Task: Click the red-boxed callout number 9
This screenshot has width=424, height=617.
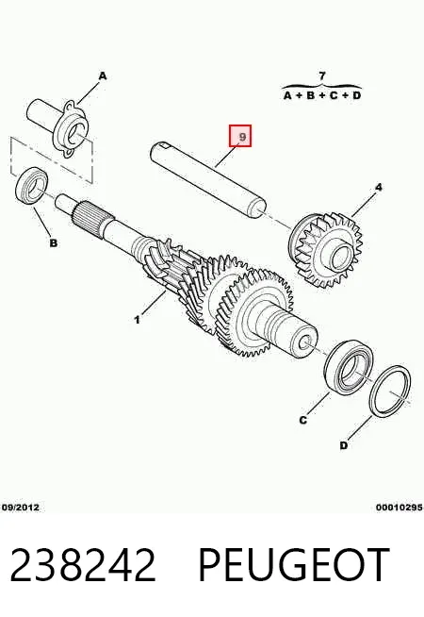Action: [x=240, y=136]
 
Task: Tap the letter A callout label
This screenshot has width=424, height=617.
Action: [x=102, y=75]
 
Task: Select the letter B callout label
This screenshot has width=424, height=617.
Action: [x=54, y=243]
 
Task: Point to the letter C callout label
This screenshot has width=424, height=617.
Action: [x=302, y=420]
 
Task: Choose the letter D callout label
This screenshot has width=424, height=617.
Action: [x=344, y=445]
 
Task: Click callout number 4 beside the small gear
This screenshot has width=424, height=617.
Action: [x=378, y=188]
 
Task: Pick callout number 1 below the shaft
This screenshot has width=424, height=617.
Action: [x=137, y=320]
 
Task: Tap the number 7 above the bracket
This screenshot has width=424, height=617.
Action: [x=322, y=75]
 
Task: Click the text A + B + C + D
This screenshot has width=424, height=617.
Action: [x=322, y=95]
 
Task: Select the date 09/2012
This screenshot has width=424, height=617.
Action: [x=21, y=508]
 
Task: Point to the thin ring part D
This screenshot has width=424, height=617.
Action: [x=391, y=390]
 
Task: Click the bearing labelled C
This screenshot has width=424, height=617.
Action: [x=349, y=367]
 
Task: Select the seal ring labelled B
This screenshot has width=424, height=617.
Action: [x=31, y=186]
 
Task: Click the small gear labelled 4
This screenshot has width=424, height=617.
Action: [x=326, y=250]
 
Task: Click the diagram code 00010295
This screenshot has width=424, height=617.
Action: [x=400, y=508]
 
